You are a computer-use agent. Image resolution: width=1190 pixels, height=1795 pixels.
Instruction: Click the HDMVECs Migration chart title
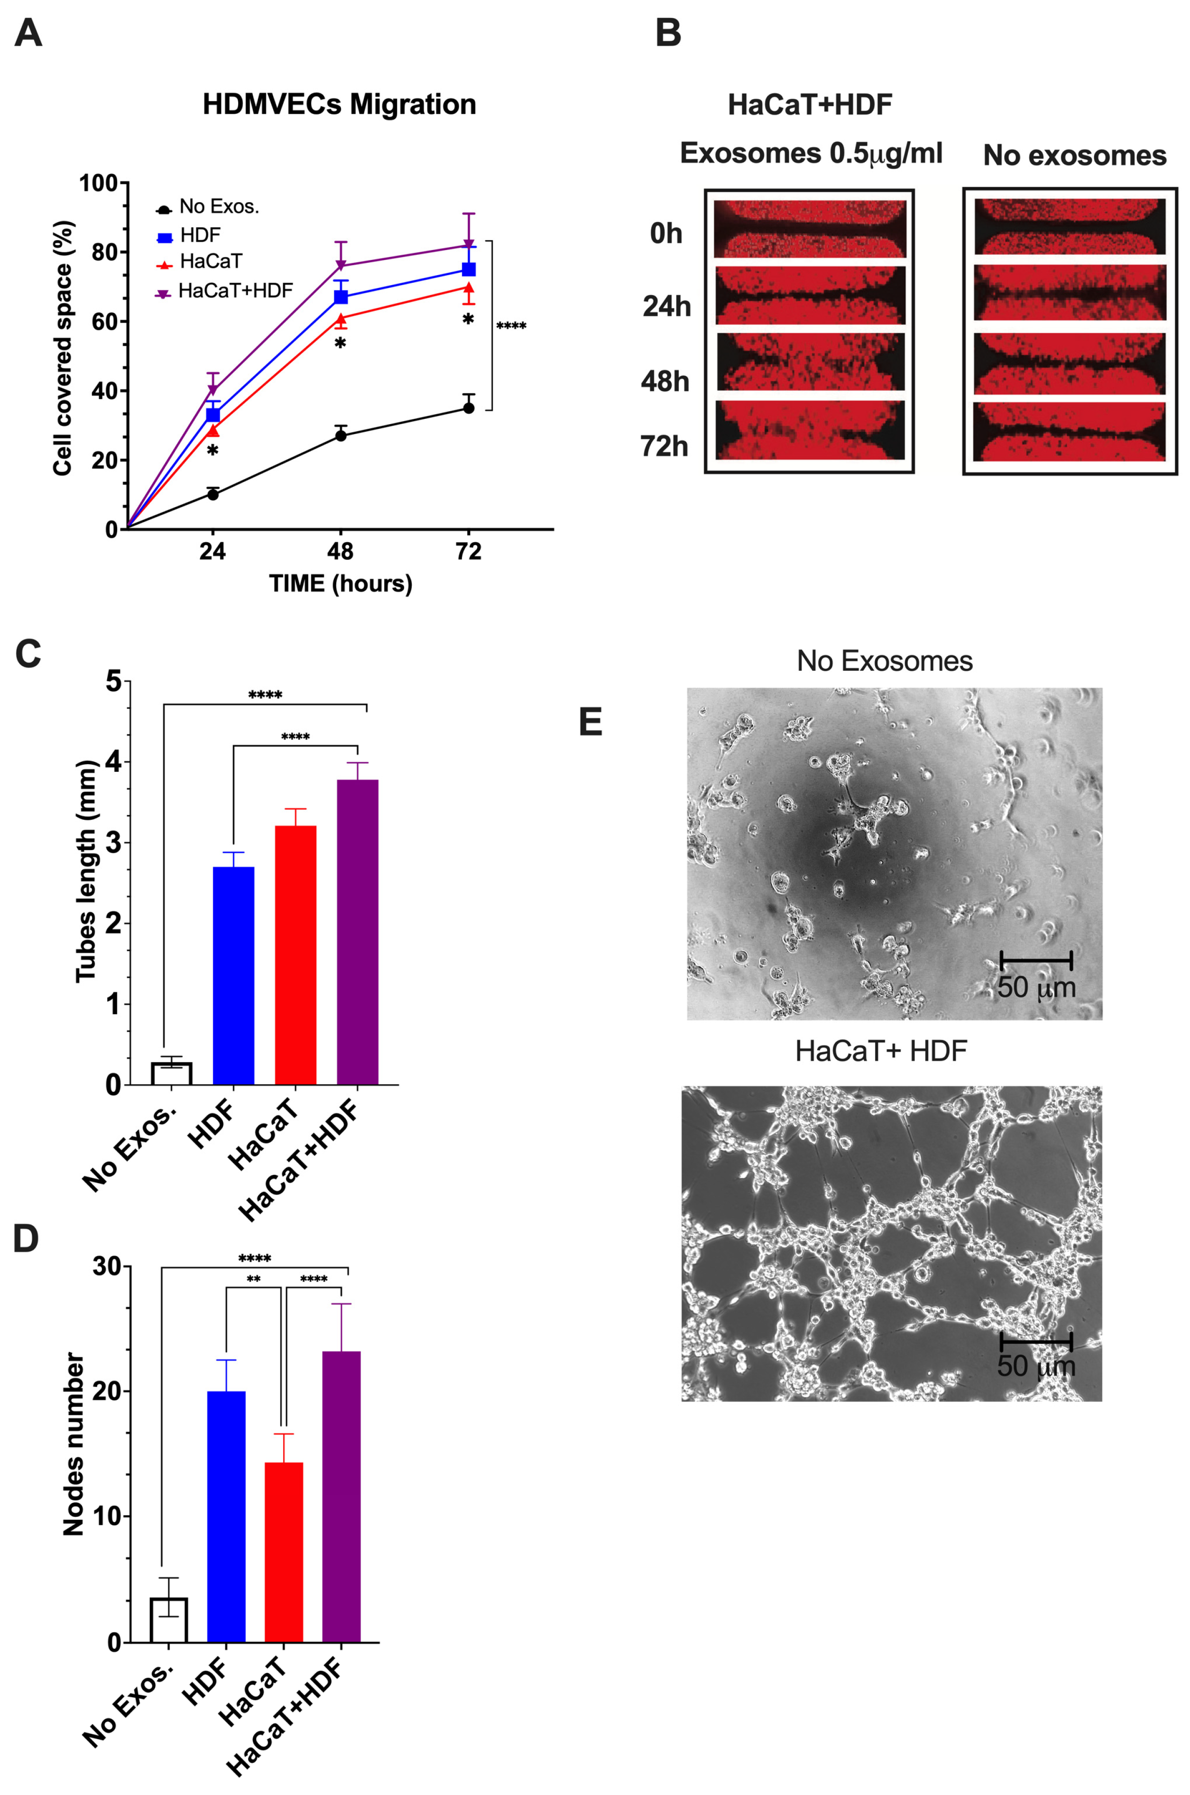tap(339, 104)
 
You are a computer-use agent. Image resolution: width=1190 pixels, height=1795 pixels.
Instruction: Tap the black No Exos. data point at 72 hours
tap(469, 408)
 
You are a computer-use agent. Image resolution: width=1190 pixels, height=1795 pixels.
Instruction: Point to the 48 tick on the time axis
tap(341, 552)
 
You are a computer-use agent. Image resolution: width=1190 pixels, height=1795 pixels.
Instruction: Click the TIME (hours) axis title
tap(341, 583)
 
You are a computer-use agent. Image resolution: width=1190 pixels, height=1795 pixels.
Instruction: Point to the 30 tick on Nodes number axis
tap(106, 1267)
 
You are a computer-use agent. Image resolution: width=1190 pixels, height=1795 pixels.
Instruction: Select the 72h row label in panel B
tap(665, 446)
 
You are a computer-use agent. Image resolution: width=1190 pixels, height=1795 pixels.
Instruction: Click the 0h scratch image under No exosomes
tap(1070, 226)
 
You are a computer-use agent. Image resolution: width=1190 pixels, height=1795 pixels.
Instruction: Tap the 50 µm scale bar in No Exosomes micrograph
tap(1036, 960)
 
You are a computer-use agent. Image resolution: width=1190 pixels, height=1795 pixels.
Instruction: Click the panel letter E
tap(590, 722)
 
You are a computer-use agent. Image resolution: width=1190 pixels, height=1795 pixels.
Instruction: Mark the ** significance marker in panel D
tap(253, 1280)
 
